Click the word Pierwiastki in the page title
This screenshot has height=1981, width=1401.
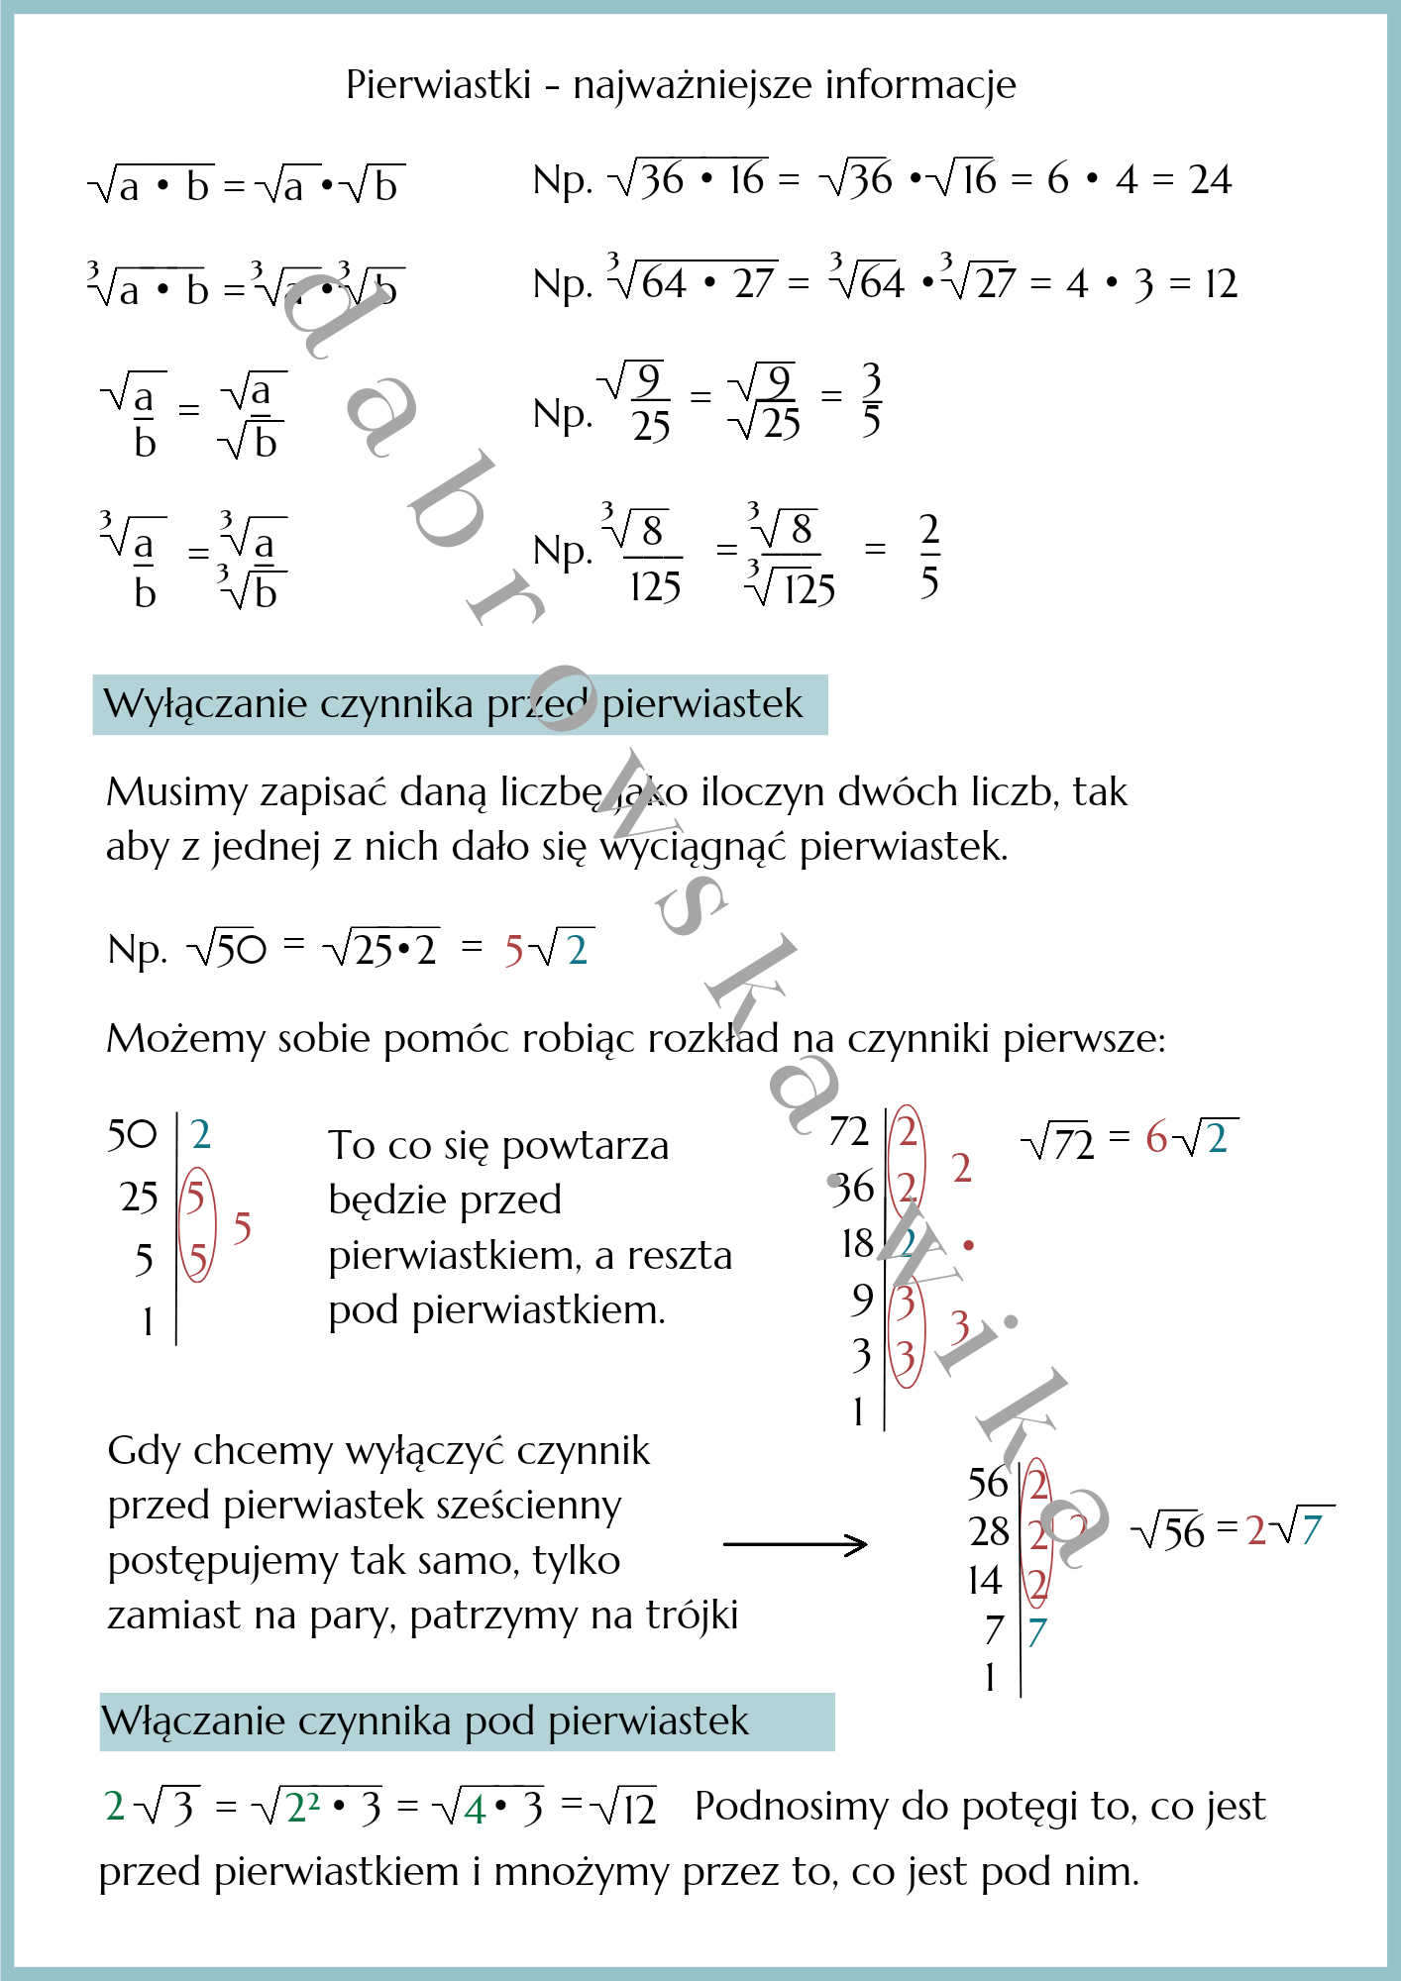point(438,85)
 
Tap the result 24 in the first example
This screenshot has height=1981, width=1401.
point(1210,180)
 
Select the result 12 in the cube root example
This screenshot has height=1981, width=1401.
point(1221,284)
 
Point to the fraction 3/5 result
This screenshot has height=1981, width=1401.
point(871,399)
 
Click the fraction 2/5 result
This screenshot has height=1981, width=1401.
point(928,556)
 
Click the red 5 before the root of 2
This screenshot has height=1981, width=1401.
point(513,951)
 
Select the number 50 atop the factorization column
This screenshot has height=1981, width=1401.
point(132,1135)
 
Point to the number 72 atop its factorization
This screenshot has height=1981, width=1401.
point(849,1132)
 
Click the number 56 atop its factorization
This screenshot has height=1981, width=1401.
point(988,1484)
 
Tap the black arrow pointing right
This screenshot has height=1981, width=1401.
point(796,1543)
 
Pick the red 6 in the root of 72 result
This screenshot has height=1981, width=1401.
point(1155,1138)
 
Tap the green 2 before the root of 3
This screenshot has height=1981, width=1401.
point(115,1807)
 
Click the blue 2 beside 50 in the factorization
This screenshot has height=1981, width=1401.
point(200,1135)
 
